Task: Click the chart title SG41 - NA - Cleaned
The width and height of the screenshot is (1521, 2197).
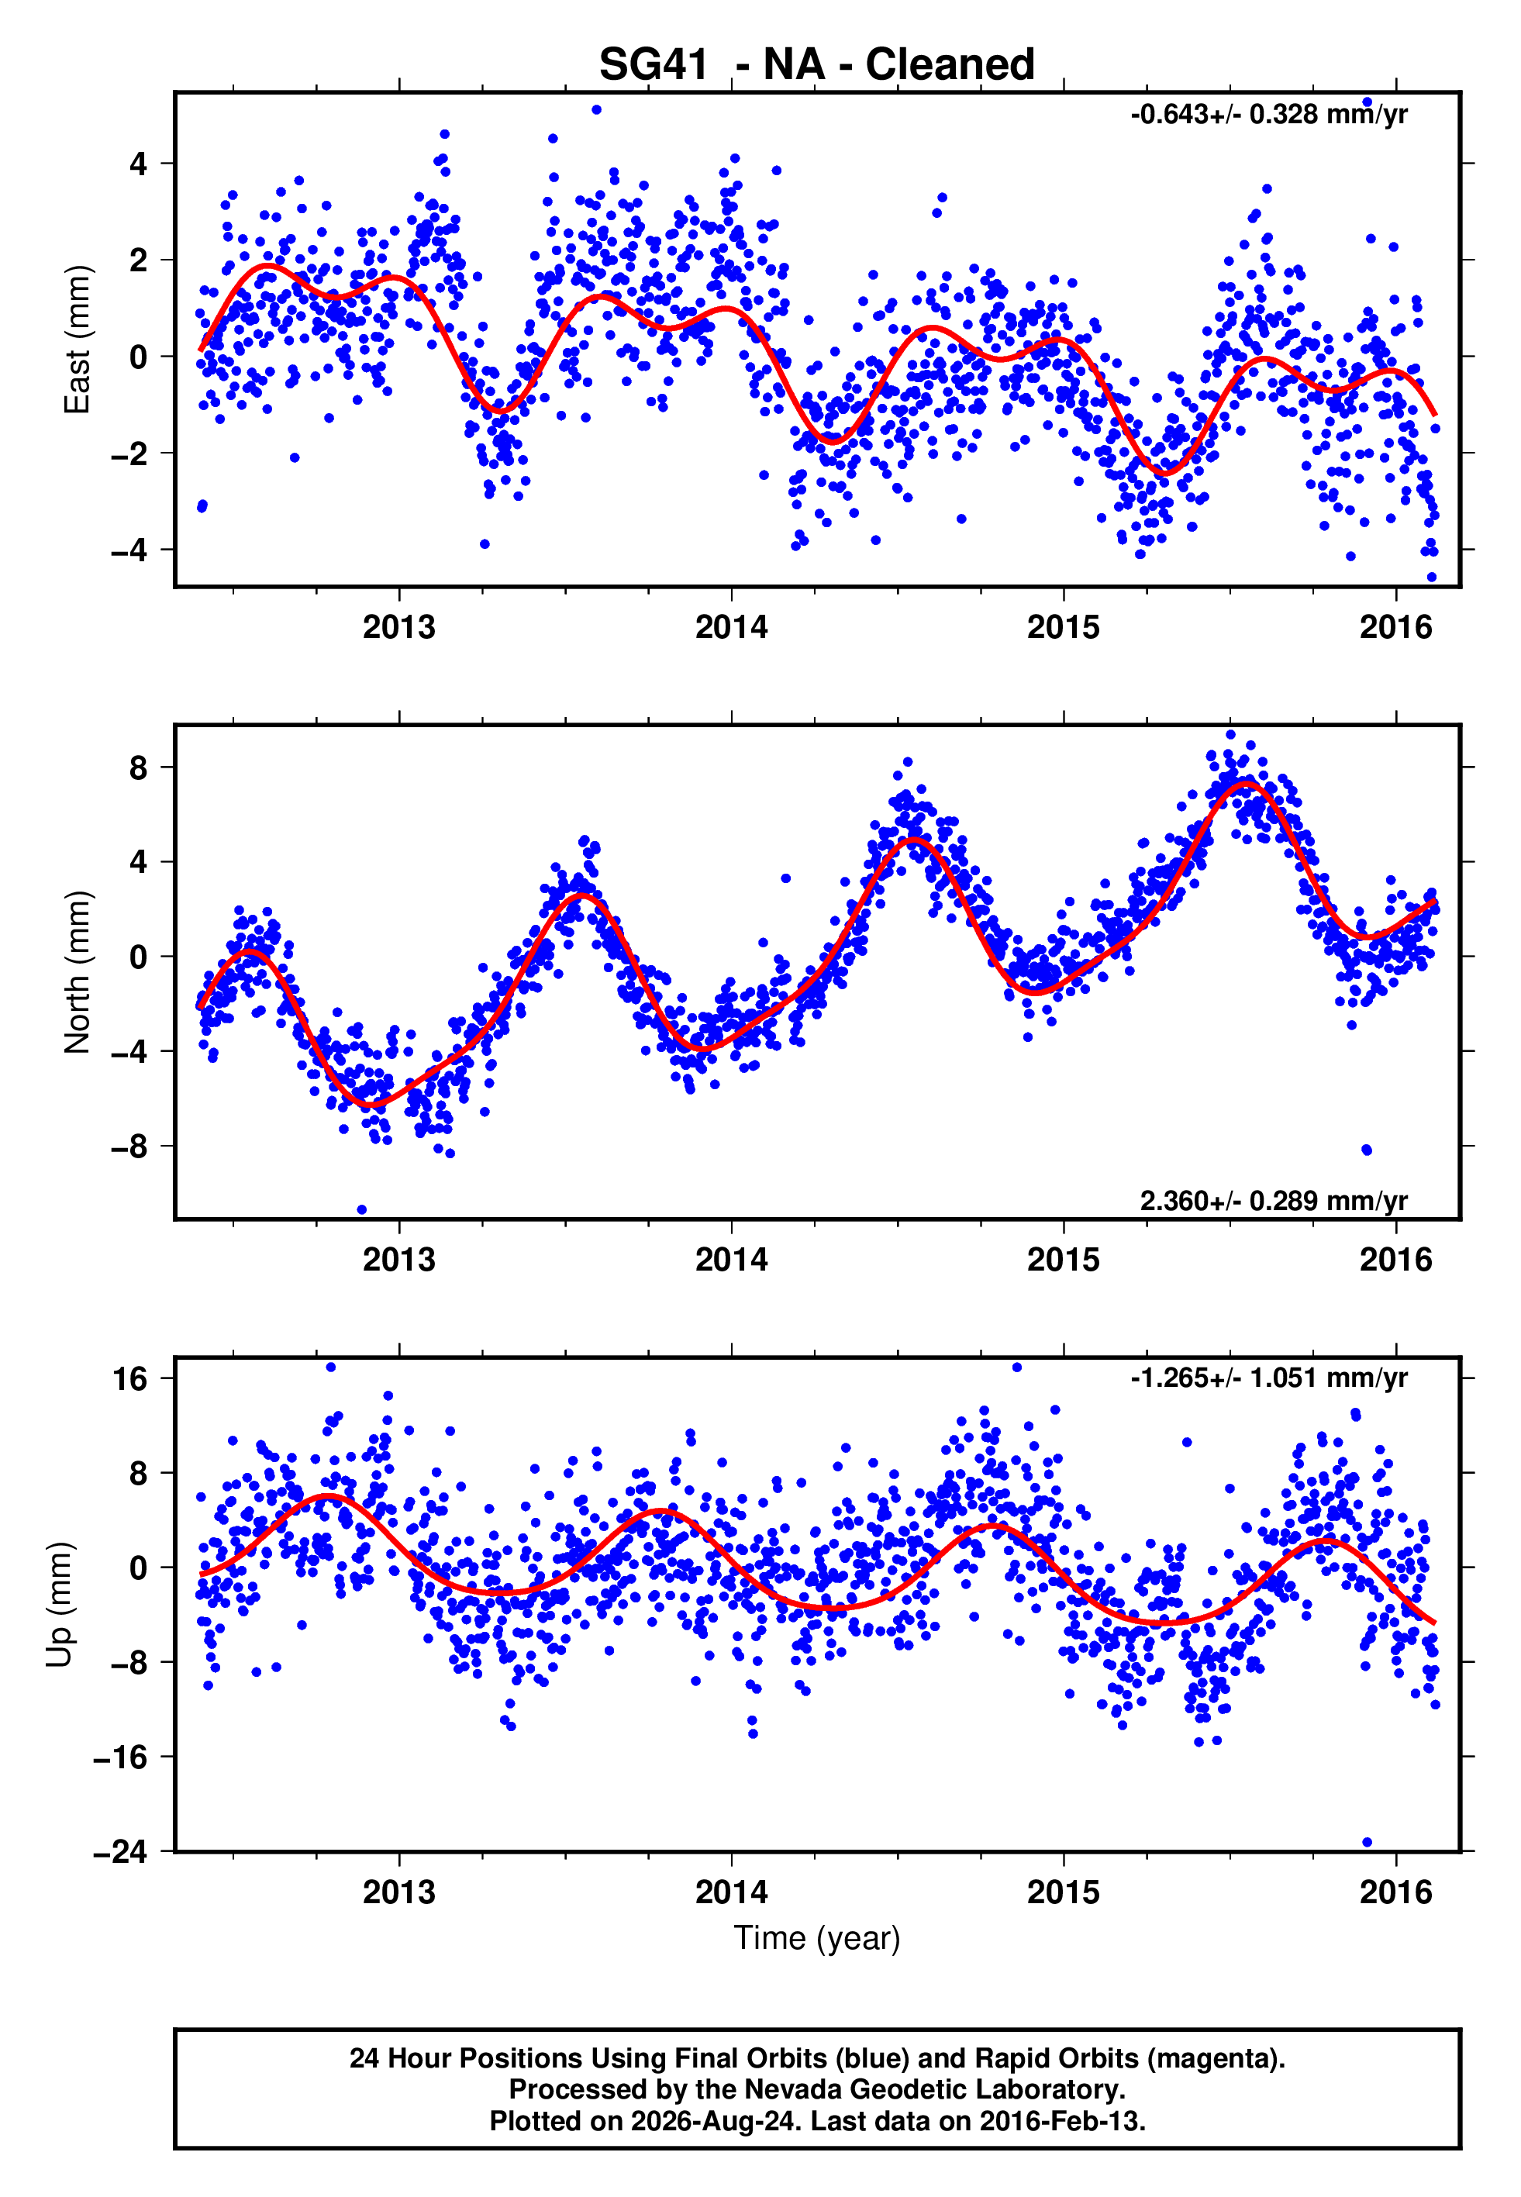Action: pyautogui.click(x=817, y=65)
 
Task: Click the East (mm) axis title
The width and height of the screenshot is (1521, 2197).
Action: pyautogui.click(x=76, y=340)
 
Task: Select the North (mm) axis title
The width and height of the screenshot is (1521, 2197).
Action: pyautogui.click(x=76, y=972)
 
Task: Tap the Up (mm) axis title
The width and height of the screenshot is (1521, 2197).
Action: pyautogui.click(x=59, y=1605)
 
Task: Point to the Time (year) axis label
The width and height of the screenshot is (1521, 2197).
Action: pyautogui.click(x=817, y=1939)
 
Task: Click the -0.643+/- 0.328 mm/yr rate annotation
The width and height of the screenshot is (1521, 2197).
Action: pyautogui.click(x=1268, y=114)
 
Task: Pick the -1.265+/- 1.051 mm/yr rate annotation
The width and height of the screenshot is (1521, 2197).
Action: pyautogui.click(x=1268, y=1378)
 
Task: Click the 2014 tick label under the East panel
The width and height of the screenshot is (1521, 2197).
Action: pyautogui.click(x=731, y=627)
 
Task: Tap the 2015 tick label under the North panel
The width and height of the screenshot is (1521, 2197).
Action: pyautogui.click(x=1063, y=1260)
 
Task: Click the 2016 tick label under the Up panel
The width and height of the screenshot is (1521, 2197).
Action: pyautogui.click(x=1395, y=1892)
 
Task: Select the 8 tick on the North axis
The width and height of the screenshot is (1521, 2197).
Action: pyautogui.click(x=139, y=767)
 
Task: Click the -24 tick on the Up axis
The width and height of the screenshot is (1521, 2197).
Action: pyautogui.click(x=120, y=1851)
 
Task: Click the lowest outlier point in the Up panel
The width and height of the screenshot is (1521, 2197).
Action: pyautogui.click(x=1367, y=1842)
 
